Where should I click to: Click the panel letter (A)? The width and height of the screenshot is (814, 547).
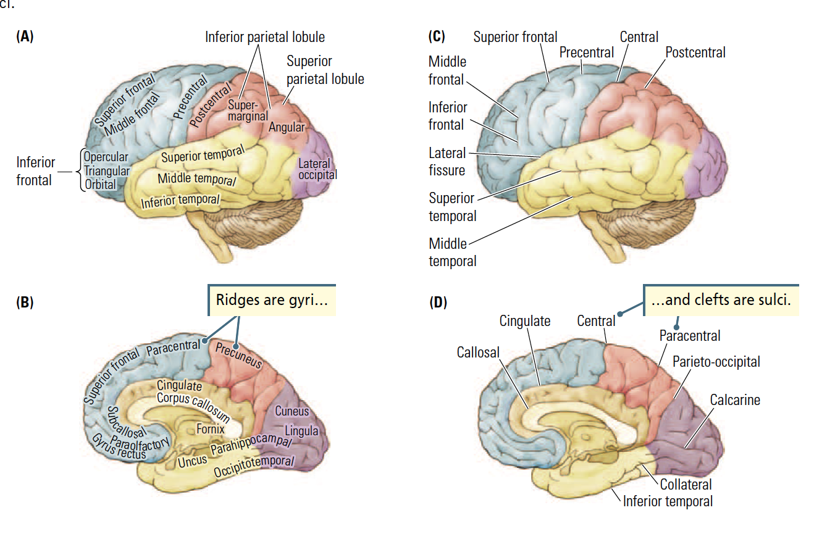25,36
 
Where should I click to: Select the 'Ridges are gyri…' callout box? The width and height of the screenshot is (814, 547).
272,301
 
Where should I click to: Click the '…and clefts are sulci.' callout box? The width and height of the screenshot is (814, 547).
721,300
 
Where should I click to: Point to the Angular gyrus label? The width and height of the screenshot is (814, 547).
287,127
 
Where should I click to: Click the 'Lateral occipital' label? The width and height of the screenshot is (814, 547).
317,169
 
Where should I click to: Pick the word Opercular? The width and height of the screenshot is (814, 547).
106,157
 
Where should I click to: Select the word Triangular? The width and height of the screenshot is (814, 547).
106,171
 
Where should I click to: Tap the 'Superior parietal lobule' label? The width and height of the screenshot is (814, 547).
325,70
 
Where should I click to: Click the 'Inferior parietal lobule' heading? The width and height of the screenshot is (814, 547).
265,37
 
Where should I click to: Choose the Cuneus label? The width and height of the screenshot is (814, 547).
292,411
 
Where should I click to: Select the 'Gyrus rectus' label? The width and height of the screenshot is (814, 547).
118,448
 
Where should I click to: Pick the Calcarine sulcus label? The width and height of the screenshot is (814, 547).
734,400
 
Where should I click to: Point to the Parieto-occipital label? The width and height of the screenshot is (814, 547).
716,361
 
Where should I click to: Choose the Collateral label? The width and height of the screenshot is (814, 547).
686,485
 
